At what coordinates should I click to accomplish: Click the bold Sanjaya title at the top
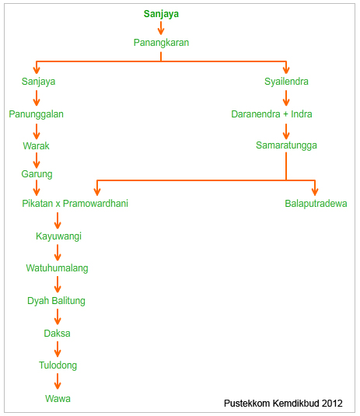161,14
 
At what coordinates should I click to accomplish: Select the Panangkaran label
161,43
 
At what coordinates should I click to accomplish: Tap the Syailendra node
286,82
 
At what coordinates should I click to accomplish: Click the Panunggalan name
36,114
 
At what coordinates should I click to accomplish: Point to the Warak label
36,145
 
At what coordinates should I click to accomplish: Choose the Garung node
37,174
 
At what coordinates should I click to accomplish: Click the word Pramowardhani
96,204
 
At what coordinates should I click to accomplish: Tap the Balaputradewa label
316,204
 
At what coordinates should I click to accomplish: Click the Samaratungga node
286,145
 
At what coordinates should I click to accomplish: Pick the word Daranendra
256,114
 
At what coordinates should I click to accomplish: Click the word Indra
302,114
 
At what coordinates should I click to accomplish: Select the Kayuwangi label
58,236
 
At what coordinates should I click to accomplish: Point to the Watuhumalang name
57,268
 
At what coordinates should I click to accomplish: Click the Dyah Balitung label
56,301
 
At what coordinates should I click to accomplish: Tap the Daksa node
57,334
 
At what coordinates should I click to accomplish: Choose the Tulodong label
58,365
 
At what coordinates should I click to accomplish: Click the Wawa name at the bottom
58,398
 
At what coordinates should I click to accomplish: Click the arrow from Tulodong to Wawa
58,382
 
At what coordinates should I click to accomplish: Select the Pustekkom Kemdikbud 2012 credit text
283,404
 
